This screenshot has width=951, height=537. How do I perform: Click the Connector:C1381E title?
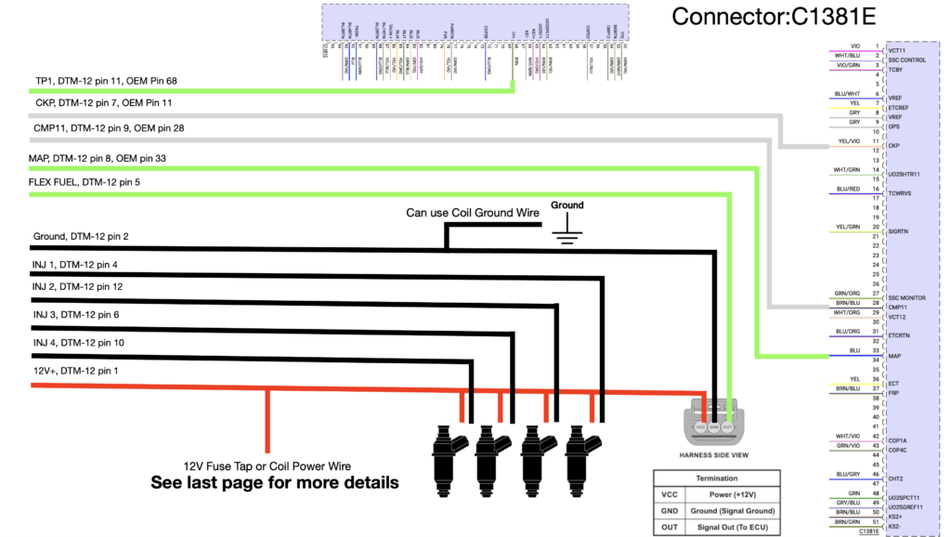774,16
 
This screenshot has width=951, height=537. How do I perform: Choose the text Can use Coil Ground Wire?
473,213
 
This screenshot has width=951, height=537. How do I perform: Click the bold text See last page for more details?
275,483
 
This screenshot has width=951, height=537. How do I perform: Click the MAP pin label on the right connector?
895,356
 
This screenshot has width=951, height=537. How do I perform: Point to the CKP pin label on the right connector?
895,146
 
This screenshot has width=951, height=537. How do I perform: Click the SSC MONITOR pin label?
906,297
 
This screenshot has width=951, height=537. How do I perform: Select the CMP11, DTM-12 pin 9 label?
109,128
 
